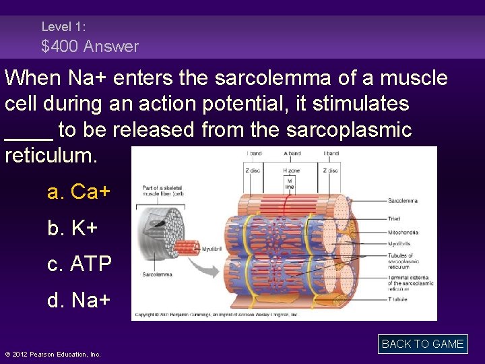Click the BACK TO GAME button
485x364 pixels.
(x=422, y=344)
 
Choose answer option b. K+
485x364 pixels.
(x=73, y=229)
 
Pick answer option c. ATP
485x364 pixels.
(x=79, y=264)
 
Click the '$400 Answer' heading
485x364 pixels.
(x=90, y=47)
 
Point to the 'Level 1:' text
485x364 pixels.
(x=63, y=27)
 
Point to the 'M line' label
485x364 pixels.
(x=290, y=183)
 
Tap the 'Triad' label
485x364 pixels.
(x=394, y=218)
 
